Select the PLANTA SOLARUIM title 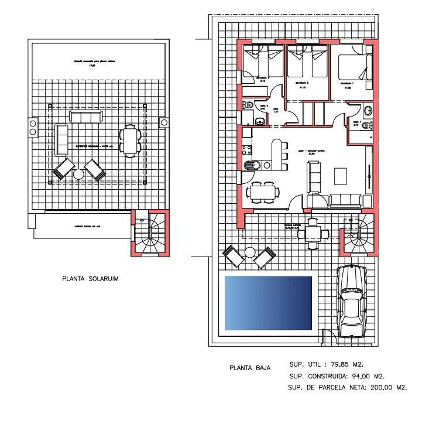pyautogui.click(x=90, y=279)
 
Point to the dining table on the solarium pyautogui.click(x=130, y=141)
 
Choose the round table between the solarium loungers pyautogui.click(x=78, y=174)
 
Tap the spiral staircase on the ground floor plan pyautogui.click(x=357, y=234)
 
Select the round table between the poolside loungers pyautogui.click(x=250, y=252)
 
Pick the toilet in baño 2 pyautogui.click(x=248, y=105)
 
